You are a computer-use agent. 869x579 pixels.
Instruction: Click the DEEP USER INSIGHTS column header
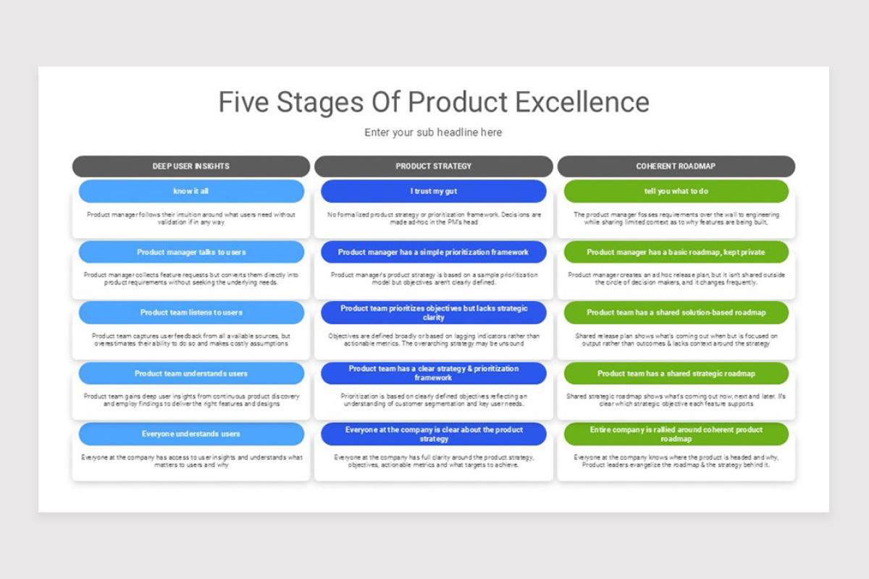click(x=191, y=166)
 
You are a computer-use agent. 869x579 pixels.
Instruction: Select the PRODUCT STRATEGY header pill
click(x=433, y=166)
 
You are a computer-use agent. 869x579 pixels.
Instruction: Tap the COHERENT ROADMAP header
click(x=676, y=166)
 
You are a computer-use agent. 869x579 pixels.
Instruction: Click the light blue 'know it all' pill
click(x=191, y=191)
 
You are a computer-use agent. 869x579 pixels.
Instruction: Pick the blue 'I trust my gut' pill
click(x=433, y=191)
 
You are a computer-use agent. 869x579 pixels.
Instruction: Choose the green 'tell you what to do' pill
click(x=676, y=191)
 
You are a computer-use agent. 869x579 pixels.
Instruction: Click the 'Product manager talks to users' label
click(x=191, y=252)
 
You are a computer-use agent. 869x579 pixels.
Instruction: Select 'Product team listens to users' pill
click(x=191, y=313)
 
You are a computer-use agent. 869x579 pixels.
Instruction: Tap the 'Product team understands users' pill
click(x=191, y=373)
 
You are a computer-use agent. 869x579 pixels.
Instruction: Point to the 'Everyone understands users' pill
click(x=191, y=434)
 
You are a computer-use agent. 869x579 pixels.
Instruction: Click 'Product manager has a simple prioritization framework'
click(x=433, y=252)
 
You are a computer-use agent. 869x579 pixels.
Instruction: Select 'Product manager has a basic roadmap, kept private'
click(x=676, y=252)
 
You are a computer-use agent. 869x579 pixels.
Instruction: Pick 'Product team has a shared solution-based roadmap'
click(x=676, y=313)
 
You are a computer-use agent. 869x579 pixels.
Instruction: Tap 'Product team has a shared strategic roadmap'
click(x=676, y=373)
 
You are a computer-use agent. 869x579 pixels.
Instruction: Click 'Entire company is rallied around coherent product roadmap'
click(x=676, y=434)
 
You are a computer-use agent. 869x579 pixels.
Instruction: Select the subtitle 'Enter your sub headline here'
click(x=433, y=132)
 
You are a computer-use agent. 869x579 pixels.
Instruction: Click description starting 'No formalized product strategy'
click(x=433, y=219)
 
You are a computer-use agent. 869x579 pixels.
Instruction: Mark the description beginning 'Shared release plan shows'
click(x=676, y=339)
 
